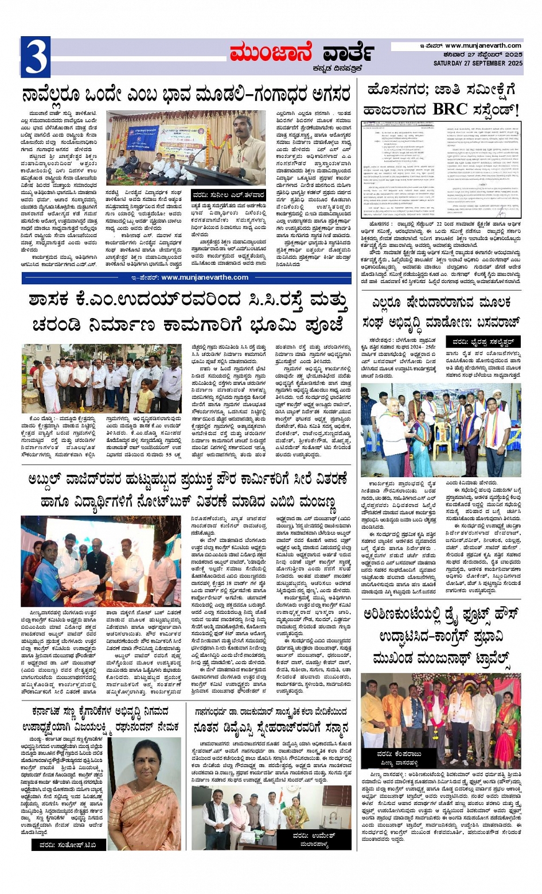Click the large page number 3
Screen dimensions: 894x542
(35, 56)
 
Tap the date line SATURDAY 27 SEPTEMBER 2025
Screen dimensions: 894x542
(478, 63)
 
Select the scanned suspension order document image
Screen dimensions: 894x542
(441, 170)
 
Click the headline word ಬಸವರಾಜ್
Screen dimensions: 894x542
(490, 322)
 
